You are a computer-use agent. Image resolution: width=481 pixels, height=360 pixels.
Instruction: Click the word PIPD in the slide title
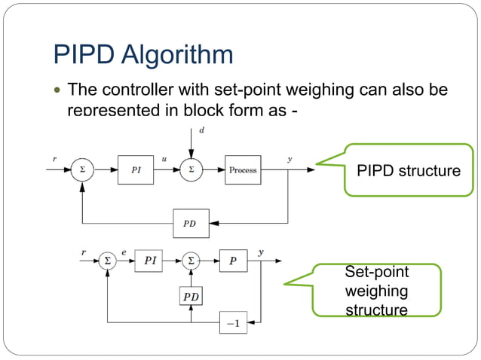point(84,54)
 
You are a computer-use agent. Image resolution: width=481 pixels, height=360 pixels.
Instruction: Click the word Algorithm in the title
point(177,56)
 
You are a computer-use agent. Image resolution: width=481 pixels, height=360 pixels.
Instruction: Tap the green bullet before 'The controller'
point(58,92)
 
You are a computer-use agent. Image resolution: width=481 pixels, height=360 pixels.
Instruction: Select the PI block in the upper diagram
point(136,169)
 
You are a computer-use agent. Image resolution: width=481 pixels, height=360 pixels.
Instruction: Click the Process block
point(243,169)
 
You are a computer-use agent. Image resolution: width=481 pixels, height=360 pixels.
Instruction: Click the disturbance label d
point(201,130)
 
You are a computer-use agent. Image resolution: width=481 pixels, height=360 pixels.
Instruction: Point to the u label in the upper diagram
point(164,159)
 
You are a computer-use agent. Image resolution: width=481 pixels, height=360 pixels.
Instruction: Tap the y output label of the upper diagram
point(290,159)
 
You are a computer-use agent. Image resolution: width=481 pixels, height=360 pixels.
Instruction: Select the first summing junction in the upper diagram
point(82,169)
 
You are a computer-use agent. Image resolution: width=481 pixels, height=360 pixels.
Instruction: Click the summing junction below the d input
point(190,169)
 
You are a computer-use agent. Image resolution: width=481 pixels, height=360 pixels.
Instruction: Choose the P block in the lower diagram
point(233,262)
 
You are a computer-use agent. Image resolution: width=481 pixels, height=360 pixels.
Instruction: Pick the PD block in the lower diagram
point(191,296)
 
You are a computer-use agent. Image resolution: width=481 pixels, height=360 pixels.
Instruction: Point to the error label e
point(124,252)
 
